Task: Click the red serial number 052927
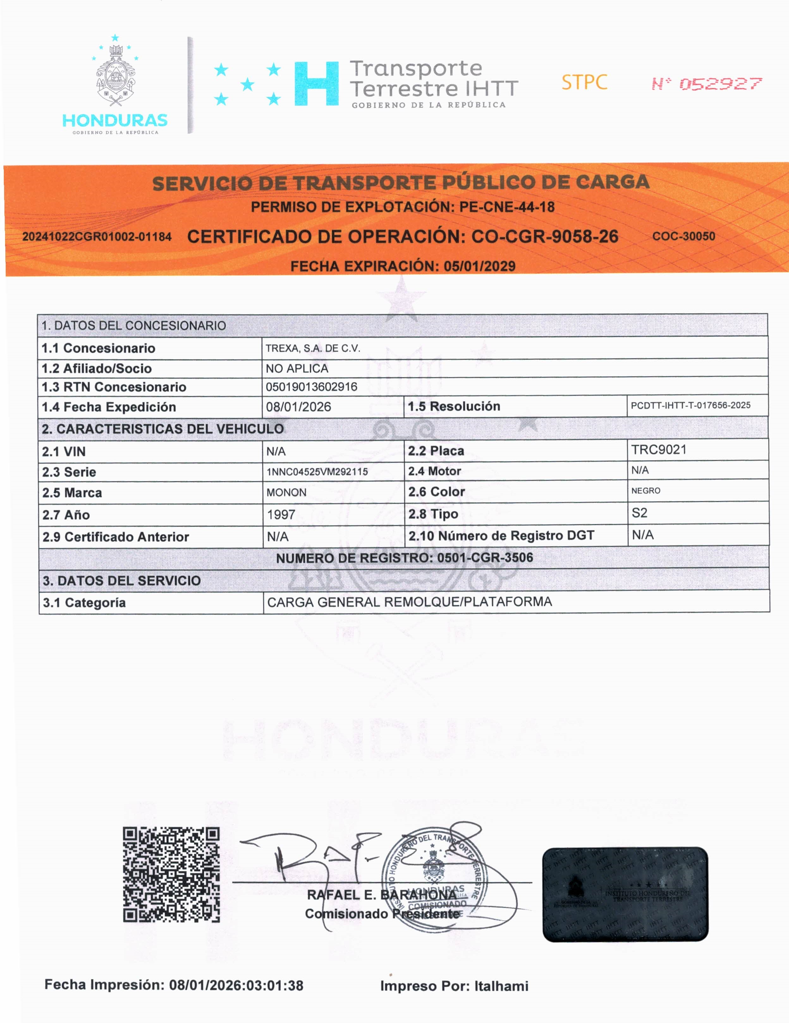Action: coord(721,84)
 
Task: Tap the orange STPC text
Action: coord(584,82)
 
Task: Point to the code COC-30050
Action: coord(684,236)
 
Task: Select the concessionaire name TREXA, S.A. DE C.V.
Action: coord(313,348)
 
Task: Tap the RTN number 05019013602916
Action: coord(311,387)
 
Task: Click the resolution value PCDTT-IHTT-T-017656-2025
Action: coord(690,405)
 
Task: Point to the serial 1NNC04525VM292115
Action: coord(317,472)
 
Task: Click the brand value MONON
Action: coord(286,492)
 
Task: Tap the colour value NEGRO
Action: coord(645,490)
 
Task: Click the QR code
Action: coord(171,874)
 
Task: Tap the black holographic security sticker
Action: coord(625,894)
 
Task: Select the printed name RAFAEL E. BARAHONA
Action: coord(381,895)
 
